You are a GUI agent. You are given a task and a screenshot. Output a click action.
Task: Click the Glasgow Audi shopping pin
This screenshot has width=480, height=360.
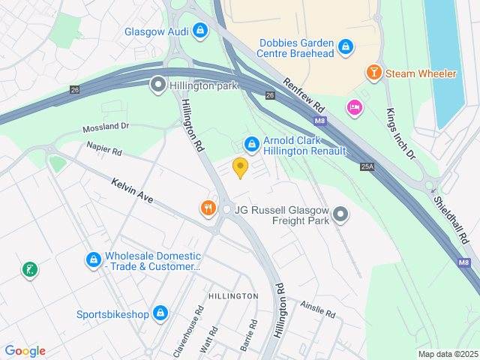199,31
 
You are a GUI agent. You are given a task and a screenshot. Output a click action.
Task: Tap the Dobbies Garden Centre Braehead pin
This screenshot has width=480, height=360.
344,47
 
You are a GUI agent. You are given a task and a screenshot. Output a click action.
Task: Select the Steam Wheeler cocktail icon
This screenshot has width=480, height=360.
373,73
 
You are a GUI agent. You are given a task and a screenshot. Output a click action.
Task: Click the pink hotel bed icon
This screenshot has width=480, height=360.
355,108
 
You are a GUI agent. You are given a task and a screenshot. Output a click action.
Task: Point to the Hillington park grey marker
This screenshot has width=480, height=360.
158,85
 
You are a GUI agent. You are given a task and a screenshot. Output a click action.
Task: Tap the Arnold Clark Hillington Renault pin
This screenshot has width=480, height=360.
252,142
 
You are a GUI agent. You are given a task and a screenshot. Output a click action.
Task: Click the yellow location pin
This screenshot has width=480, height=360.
240,167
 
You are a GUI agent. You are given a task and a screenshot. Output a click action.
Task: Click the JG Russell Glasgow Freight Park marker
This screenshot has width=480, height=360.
340,215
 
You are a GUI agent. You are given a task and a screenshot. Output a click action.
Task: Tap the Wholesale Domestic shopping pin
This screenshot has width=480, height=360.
93,260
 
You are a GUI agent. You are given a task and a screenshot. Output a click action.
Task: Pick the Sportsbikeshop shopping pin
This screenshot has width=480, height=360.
160,313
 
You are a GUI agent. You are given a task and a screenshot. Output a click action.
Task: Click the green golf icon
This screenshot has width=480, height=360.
29,269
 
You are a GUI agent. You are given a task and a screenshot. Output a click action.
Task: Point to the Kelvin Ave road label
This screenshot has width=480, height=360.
132,191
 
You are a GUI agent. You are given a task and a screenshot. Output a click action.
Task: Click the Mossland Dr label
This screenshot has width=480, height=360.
106,127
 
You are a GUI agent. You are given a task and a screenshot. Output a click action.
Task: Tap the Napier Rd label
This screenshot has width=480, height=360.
103,149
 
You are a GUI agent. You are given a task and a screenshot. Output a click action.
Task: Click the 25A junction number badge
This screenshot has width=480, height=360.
367,166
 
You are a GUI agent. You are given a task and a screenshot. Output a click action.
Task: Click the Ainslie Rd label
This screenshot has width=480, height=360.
318,308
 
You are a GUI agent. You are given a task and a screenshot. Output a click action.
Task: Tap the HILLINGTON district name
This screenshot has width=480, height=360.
233,296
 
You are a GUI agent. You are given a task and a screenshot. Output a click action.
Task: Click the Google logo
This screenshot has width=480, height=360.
25,351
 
